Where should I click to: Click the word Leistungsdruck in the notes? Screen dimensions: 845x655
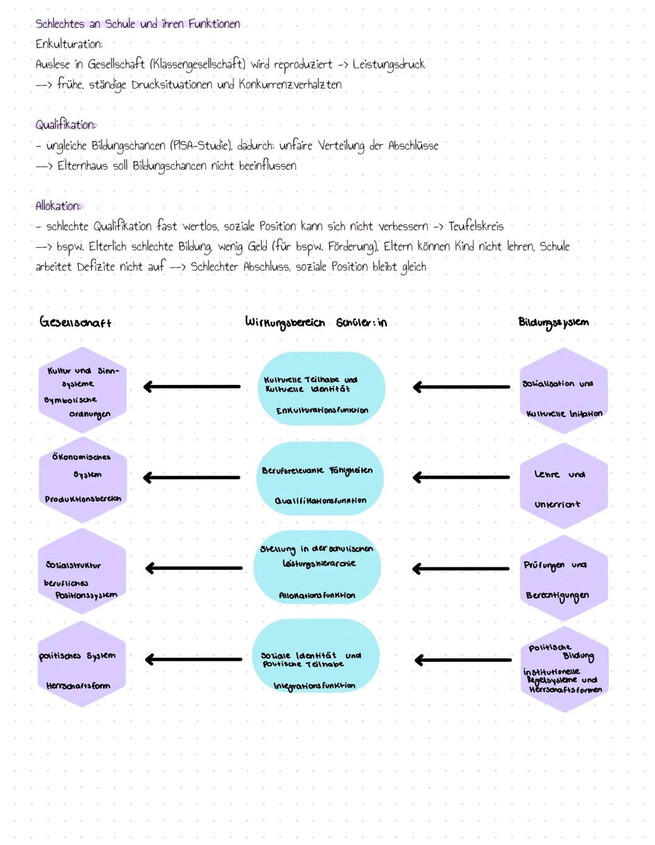[x=388, y=64]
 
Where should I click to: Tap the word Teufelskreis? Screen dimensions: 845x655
[x=475, y=226]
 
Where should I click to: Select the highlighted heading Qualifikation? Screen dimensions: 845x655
[x=65, y=125]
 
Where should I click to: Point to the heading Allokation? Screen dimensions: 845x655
[x=58, y=206]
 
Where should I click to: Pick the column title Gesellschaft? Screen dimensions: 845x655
[x=76, y=322]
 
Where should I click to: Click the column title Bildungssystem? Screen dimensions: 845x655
[x=553, y=322]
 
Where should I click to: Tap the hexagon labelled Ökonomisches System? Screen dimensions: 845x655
[x=82, y=478]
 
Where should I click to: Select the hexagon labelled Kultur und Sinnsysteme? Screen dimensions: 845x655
[x=82, y=391]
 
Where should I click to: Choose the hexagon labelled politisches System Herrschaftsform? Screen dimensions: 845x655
[x=82, y=664]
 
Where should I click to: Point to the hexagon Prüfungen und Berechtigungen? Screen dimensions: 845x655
[x=563, y=579]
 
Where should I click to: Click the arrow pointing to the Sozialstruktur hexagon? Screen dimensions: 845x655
[x=193, y=568]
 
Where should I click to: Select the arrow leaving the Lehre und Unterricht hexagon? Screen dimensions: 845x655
[x=461, y=478]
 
